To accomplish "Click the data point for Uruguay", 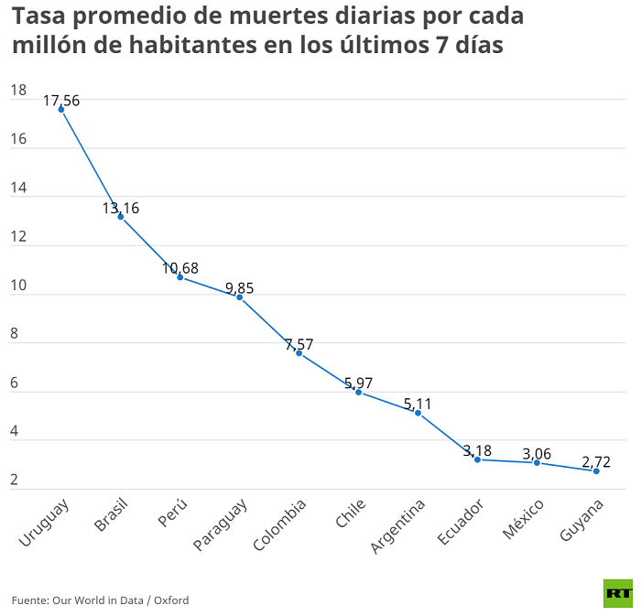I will pos(61,109).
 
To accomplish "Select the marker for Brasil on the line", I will pos(121,217).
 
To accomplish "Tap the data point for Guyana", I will pos(596,470).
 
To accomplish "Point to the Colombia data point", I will pos(299,353).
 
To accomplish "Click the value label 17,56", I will pos(61,101).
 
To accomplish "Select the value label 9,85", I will pos(239,287).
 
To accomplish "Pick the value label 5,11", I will pos(418,404).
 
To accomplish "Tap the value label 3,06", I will pos(537,454).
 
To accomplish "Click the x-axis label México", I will pos(524,519).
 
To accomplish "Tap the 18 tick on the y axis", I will pos(17,91).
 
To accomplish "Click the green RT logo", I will pos(617,593).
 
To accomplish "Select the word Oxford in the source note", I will pos(171,600).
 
